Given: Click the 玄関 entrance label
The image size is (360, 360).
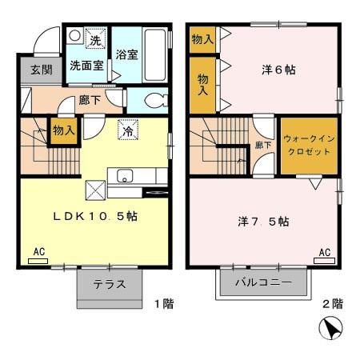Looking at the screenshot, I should coord(42,70).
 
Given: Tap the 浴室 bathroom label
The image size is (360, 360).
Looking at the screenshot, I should coord(127,55).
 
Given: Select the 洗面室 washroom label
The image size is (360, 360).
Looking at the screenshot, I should coord(86,66).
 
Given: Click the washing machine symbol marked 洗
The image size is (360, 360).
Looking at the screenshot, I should coord(94,39).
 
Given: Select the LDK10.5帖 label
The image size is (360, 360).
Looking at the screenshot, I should coord(94,216).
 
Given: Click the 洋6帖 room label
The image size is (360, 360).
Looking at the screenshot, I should coord(279,70).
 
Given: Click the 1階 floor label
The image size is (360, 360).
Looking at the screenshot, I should coord(163,304).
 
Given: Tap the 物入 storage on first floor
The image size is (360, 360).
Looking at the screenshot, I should coord(63,130).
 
